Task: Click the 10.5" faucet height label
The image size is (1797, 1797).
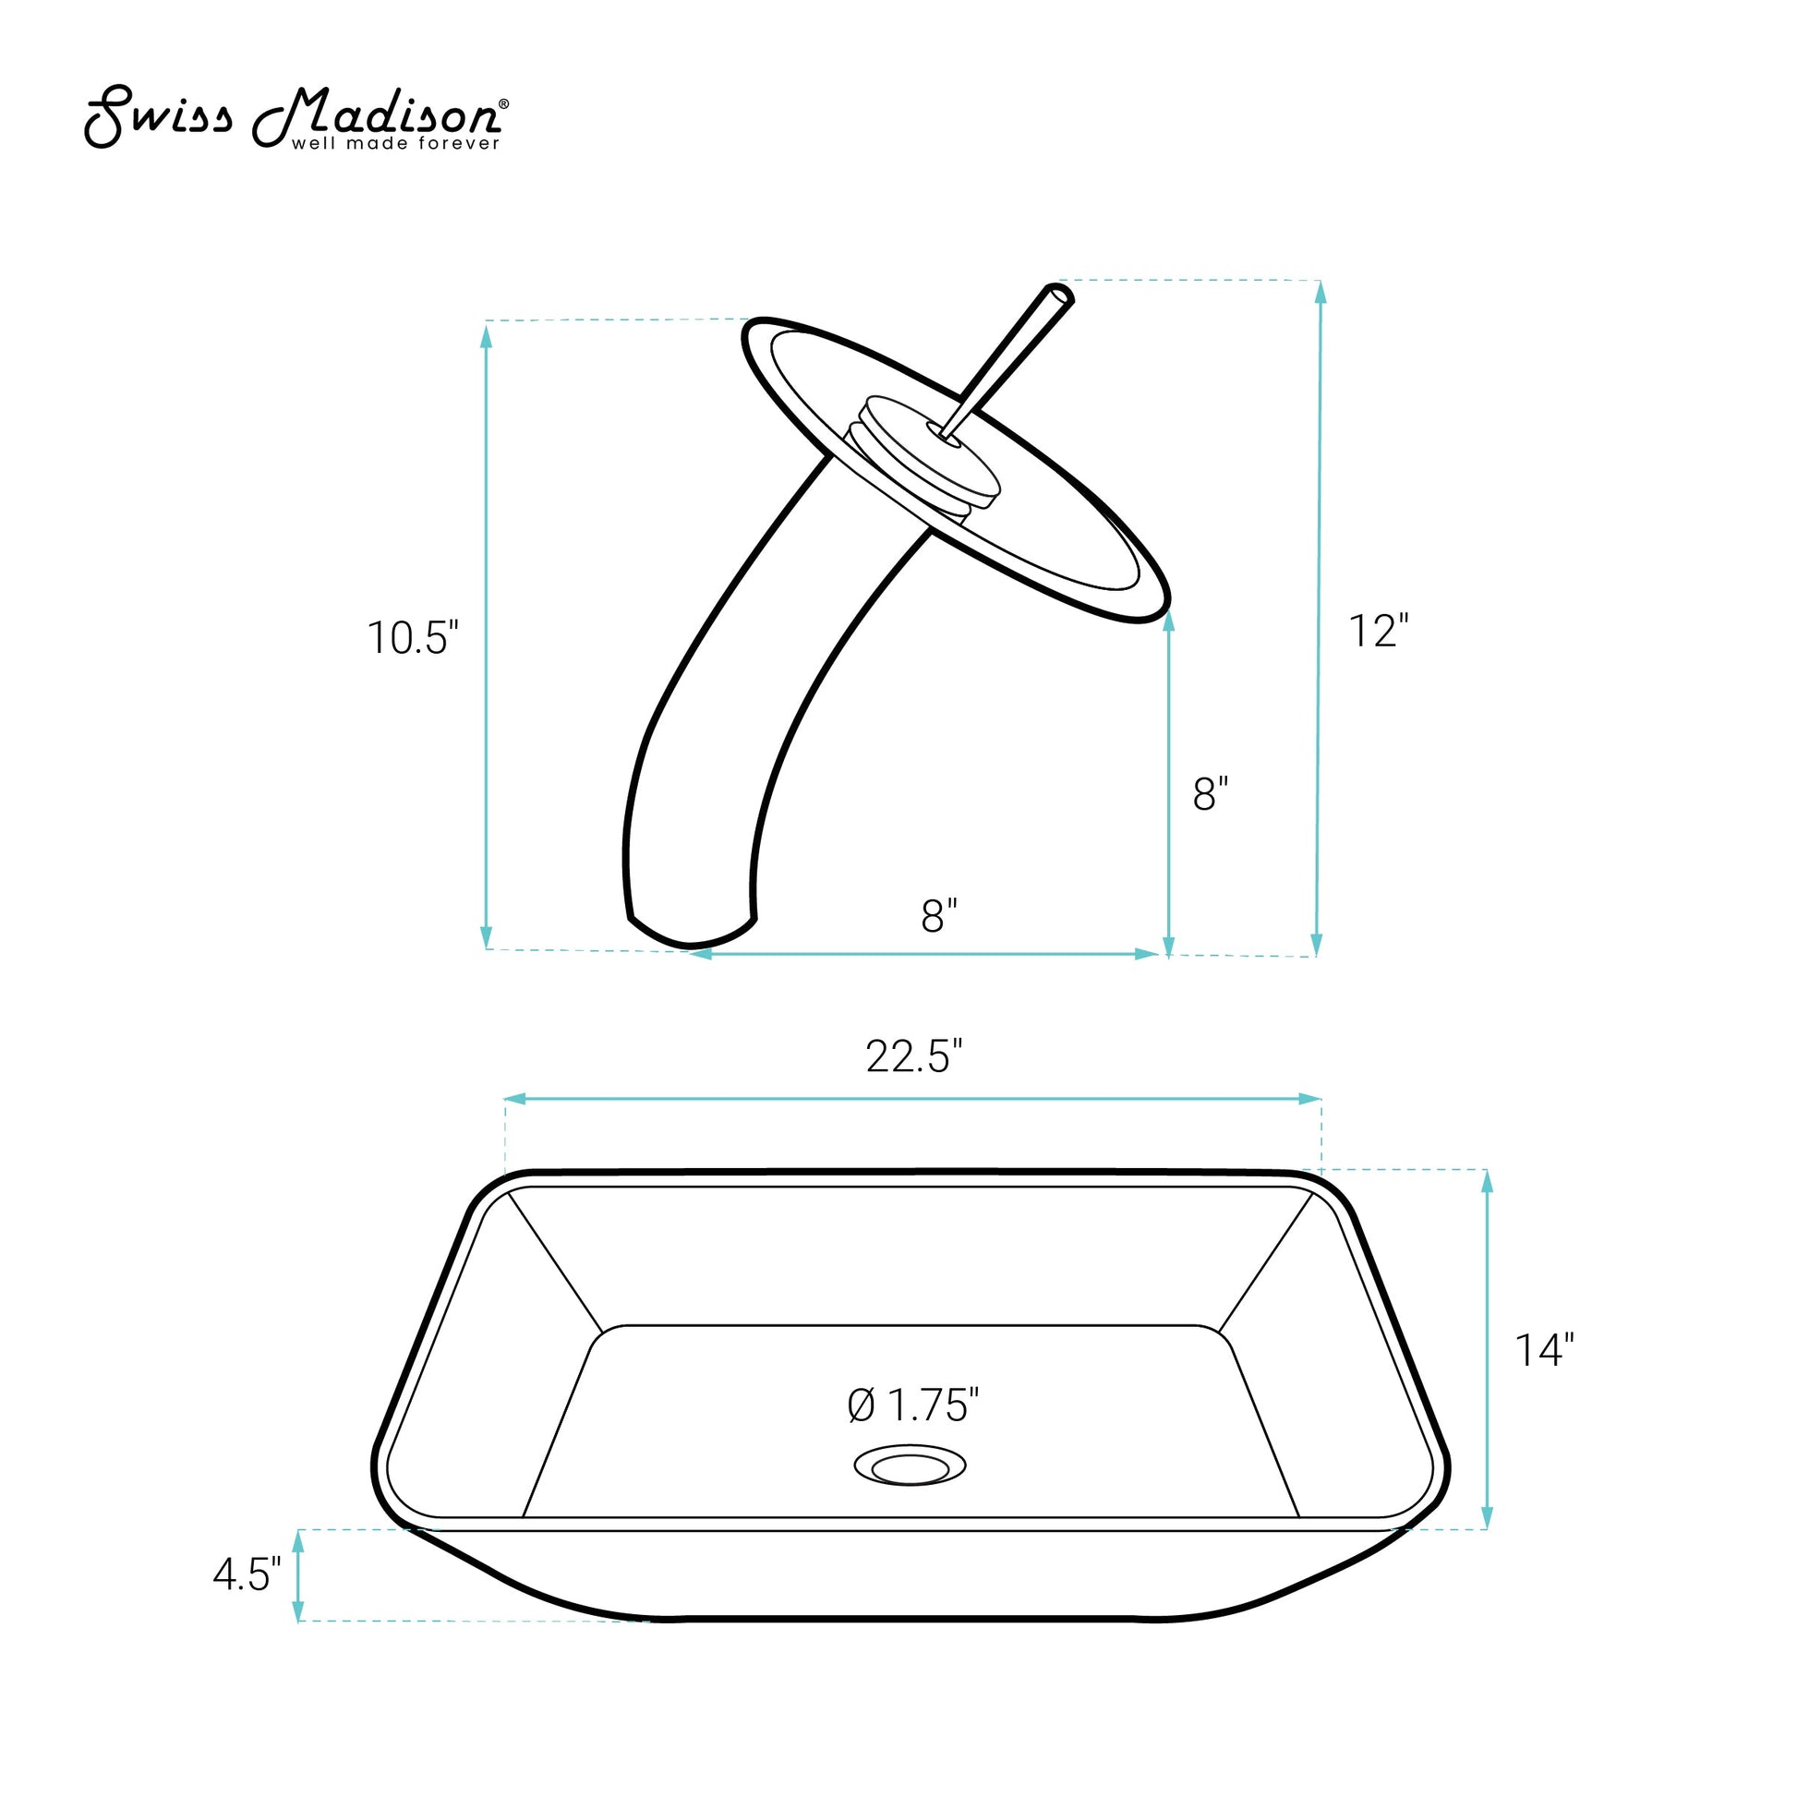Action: (x=413, y=638)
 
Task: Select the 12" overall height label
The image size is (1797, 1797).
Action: (x=1379, y=632)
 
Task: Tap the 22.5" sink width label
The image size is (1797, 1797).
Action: (x=913, y=1056)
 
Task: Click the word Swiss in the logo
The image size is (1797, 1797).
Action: (x=158, y=117)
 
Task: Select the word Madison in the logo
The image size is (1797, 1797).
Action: (x=376, y=115)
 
